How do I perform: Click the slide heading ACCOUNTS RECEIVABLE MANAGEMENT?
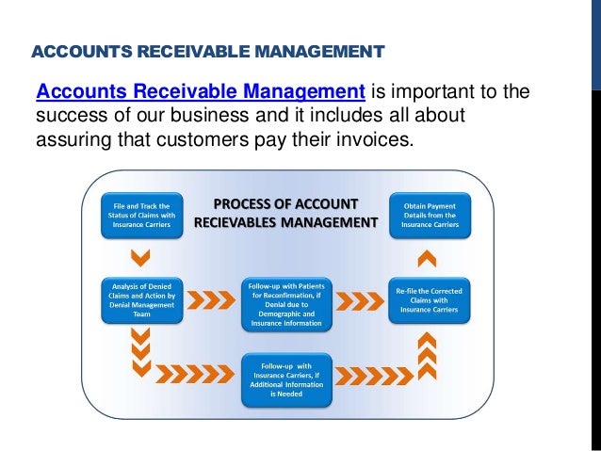[x=208, y=50]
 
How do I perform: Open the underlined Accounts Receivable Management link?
[x=200, y=92]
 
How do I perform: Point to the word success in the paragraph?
[x=67, y=118]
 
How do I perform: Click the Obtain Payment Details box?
[x=428, y=216]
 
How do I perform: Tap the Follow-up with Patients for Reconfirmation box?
[x=286, y=304]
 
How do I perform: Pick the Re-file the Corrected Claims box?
[x=428, y=298]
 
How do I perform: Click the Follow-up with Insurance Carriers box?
[x=286, y=379]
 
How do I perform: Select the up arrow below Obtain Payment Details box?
[x=428, y=257]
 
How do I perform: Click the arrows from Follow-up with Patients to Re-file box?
[x=358, y=301]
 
